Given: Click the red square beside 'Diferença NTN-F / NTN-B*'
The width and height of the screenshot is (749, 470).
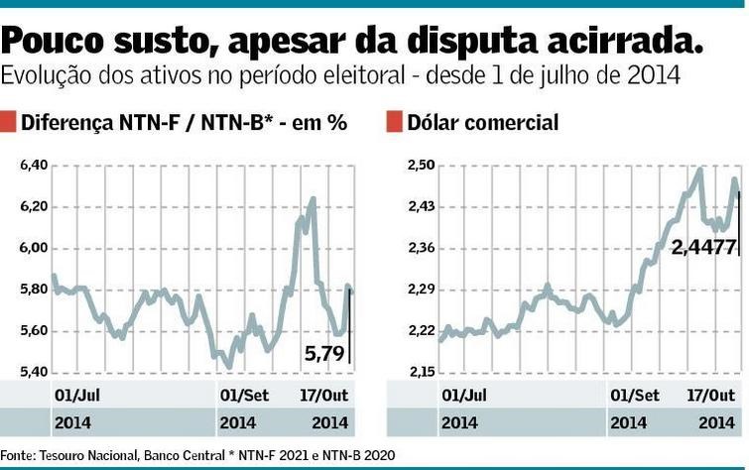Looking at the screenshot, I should [9, 122].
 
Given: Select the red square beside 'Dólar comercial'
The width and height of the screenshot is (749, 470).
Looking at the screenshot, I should [394, 122].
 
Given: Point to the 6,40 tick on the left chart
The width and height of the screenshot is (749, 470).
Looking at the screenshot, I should [34, 166].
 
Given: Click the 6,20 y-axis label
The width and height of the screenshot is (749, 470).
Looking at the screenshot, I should [34, 207].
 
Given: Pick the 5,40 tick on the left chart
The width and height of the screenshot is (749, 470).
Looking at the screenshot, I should [34, 372].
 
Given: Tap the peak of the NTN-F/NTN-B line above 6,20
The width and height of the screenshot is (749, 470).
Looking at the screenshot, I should [313, 198].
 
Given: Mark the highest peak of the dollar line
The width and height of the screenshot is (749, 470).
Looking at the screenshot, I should [700, 170].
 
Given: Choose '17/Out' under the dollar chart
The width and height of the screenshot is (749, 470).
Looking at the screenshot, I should [710, 395].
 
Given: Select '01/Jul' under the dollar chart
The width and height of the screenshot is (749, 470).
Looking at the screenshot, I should [464, 395].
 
